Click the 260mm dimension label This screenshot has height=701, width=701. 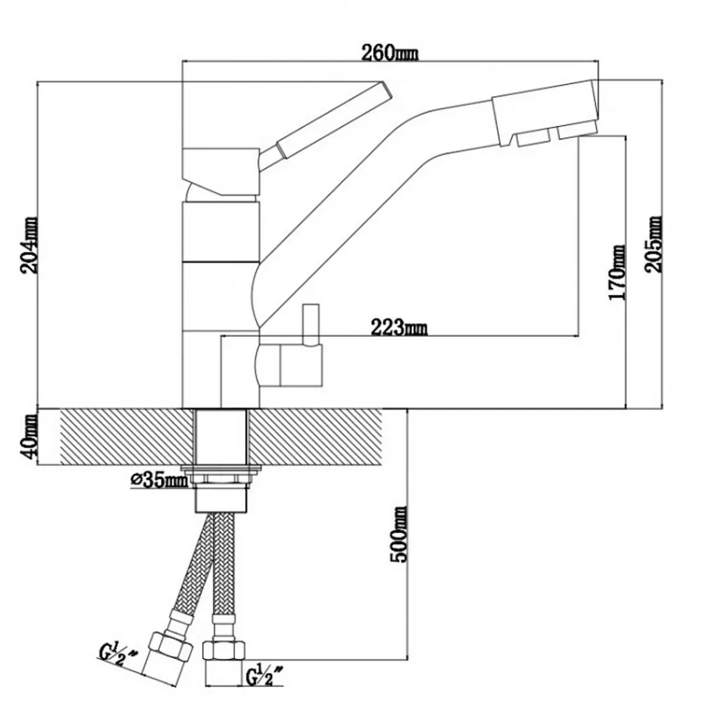click(x=389, y=53)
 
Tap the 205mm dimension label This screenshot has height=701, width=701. click(x=653, y=244)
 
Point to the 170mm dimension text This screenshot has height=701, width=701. click(x=618, y=272)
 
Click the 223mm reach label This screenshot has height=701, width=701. click(x=399, y=327)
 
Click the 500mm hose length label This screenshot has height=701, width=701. click(x=398, y=534)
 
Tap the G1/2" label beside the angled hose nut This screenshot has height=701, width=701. click(x=118, y=657)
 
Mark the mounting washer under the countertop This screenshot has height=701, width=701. click(x=222, y=470)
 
